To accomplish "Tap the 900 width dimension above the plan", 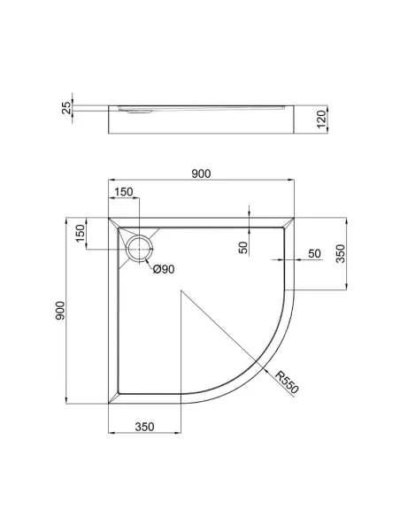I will point(201,174).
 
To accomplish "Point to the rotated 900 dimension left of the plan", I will point(60,312).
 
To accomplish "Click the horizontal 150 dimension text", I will point(123,192).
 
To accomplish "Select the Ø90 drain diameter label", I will point(164,270).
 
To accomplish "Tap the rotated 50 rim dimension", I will point(242,248).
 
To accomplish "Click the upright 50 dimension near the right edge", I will point(313,254).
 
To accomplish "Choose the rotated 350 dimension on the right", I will point(340,255).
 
